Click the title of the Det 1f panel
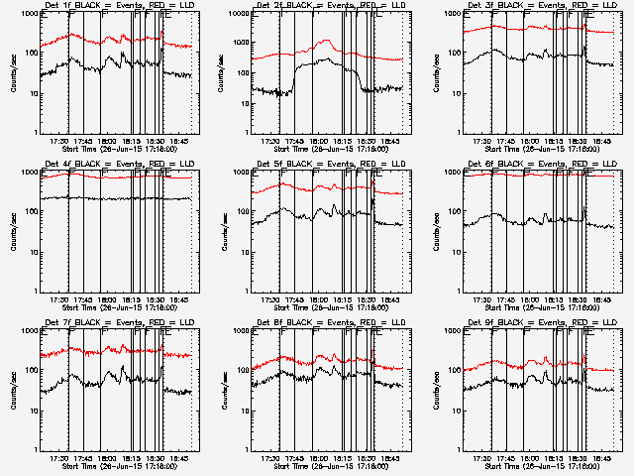pos(110,5)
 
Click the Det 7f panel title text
pos(110,321)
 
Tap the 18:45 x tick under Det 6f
pos(602,298)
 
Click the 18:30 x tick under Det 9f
pos(579,458)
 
